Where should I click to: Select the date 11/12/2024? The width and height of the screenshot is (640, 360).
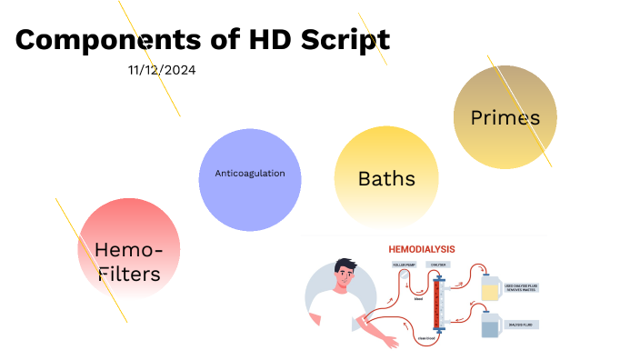click(163, 70)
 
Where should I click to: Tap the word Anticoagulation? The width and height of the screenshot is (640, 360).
click(249, 173)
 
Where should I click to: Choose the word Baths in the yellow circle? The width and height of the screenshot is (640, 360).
click(386, 178)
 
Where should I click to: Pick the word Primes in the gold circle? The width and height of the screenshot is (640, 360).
click(505, 117)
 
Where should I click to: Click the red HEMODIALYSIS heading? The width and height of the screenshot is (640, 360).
click(422, 248)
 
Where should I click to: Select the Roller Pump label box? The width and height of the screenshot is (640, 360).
click(404, 265)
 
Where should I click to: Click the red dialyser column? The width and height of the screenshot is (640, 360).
click(438, 305)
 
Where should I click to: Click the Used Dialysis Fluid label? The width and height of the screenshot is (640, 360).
click(525, 287)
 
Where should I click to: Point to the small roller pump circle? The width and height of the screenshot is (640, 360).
click(404, 274)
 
